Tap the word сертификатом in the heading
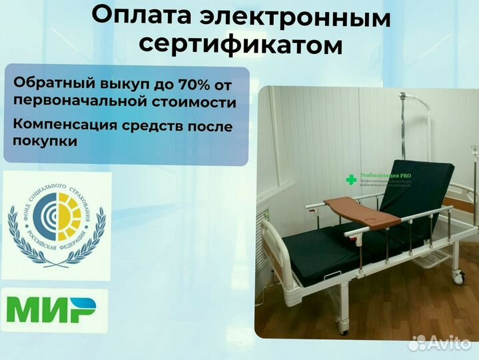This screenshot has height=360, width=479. [x=240, y=47]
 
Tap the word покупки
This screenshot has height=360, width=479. [x=45, y=141]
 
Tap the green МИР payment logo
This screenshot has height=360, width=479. [x=51, y=310]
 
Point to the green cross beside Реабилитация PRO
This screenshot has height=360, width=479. [x=350, y=179]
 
